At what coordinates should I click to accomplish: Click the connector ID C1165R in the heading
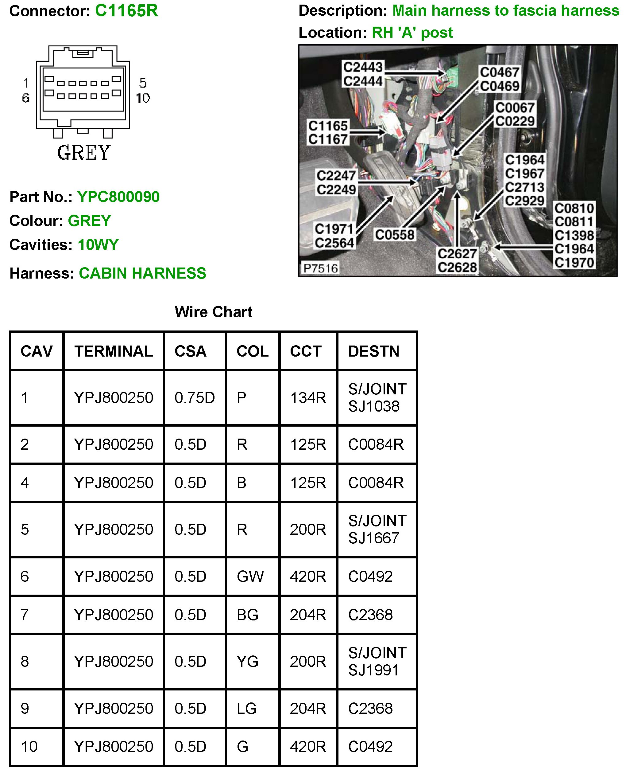(126, 11)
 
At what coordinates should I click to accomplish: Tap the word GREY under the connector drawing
(84, 153)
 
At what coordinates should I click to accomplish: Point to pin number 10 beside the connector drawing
(143, 98)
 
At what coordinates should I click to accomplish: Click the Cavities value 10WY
(98, 245)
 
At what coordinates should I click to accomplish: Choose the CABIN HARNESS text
(142, 274)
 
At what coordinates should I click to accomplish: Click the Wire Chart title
(214, 312)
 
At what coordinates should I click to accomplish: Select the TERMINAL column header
(114, 351)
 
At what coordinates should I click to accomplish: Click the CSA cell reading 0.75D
(195, 398)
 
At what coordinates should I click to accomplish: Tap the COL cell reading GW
(250, 577)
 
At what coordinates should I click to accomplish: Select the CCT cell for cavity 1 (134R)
(308, 398)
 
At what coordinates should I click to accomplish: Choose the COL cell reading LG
(247, 709)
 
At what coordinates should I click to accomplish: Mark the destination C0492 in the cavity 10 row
(370, 747)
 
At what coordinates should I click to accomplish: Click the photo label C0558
(395, 235)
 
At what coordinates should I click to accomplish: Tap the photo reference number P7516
(321, 268)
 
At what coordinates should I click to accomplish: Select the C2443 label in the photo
(363, 67)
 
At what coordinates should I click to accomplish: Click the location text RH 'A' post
(412, 33)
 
